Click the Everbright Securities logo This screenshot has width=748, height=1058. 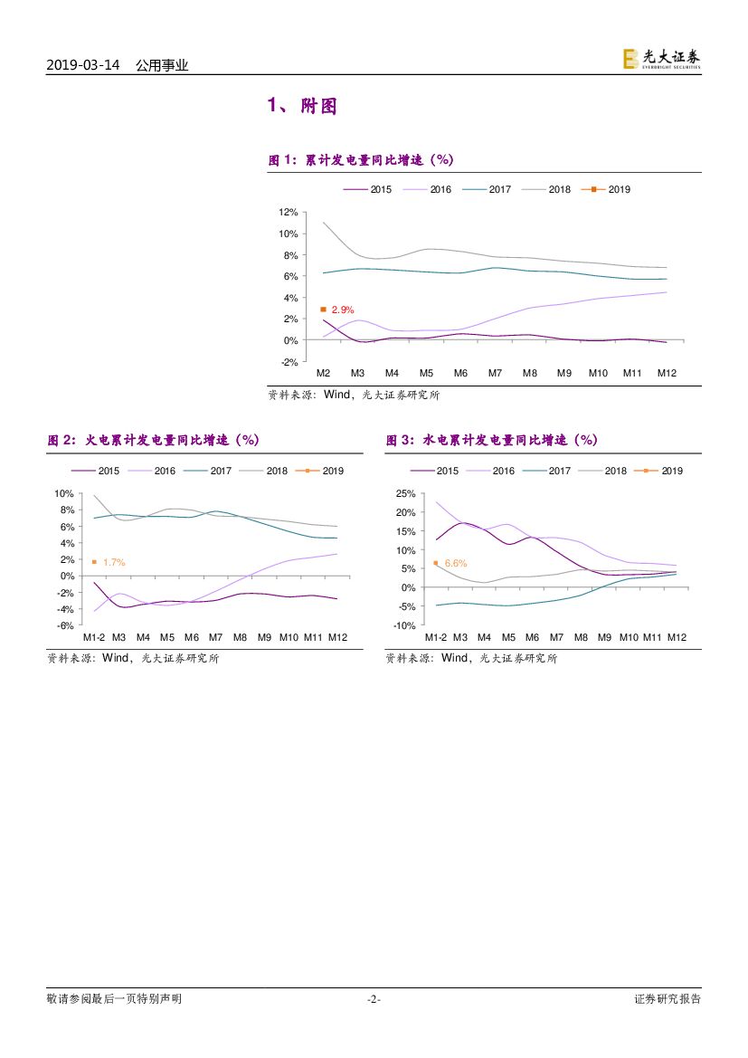[660, 59]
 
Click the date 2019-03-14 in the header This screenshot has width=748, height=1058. [82, 65]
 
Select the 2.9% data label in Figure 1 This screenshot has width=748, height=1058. [343, 310]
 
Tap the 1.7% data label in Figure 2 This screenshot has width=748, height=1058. [114, 563]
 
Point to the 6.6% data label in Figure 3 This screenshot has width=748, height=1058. [456, 563]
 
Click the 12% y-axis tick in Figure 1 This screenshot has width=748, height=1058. [289, 212]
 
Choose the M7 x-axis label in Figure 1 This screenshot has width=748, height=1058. [495, 373]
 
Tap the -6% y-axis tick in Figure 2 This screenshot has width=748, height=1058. [64, 625]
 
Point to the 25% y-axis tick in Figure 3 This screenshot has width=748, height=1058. [404, 494]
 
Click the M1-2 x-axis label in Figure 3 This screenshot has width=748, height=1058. [436, 638]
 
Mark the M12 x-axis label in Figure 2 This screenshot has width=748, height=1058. [337, 638]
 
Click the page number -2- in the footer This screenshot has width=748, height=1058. [374, 999]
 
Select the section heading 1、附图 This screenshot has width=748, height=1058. [302, 107]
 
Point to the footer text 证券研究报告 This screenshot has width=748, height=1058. [668, 999]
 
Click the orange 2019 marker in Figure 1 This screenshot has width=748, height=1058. [323, 310]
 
